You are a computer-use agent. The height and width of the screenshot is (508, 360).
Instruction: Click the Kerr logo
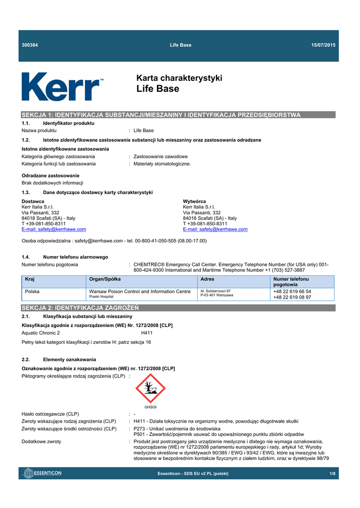click(x=62, y=86)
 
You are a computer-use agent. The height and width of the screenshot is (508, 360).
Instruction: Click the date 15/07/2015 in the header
click(x=323, y=45)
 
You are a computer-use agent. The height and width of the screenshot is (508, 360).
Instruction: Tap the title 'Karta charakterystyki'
click(x=179, y=78)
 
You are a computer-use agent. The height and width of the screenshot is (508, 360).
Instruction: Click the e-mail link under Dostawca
click(x=54, y=229)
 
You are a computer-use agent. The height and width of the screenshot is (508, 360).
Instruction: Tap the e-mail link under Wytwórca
click(x=215, y=229)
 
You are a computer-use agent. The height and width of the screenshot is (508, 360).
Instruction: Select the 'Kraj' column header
click(x=30, y=279)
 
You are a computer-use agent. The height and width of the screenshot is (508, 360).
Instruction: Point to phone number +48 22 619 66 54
click(x=292, y=291)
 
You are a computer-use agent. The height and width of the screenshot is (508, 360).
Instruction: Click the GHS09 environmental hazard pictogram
click(x=150, y=388)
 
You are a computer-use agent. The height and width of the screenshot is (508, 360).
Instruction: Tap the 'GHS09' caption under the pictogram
click(x=150, y=407)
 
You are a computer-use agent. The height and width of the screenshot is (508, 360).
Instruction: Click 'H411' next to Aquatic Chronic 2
click(x=147, y=333)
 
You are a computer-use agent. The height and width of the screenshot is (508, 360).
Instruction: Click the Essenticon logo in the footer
click(x=43, y=473)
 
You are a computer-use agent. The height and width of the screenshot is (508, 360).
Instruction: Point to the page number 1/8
click(x=332, y=474)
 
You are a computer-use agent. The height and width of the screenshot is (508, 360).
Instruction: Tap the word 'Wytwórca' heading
click(x=195, y=201)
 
